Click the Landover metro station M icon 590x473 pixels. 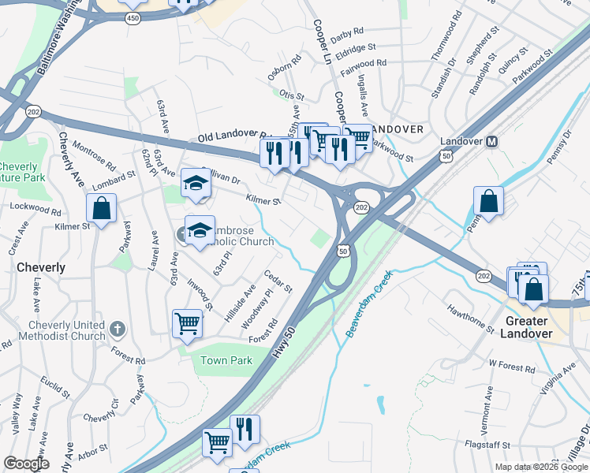[491, 142]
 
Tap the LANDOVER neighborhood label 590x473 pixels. [398, 128]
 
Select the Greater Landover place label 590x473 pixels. [526, 327]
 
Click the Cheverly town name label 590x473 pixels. [41, 267]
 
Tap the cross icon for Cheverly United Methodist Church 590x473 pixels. [117, 328]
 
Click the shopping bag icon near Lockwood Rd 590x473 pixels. [101, 209]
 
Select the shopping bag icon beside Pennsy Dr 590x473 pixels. [489, 201]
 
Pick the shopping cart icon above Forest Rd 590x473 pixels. [187, 323]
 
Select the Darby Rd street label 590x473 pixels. [347, 32]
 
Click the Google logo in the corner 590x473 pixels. [26, 464]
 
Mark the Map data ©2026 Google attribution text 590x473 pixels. [540, 467]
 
